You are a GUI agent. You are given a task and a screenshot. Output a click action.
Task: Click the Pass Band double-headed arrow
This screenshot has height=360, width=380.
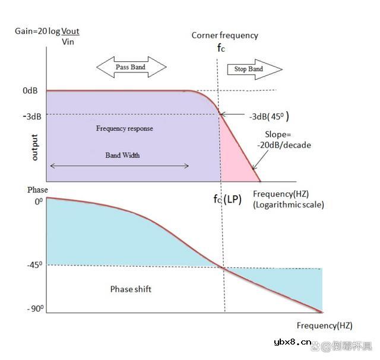click(131, 67)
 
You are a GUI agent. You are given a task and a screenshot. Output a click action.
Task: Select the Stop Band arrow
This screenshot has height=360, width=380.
click(255, 70)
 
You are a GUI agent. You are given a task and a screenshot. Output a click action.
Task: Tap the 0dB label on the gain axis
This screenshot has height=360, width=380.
click(30, 90)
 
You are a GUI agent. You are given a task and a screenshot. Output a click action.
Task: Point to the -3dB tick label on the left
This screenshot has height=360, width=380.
click(32, 116)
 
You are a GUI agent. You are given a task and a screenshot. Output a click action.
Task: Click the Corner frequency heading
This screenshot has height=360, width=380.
click(224, 36)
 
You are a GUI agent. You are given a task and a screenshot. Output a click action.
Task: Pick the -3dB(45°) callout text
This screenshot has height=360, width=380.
click(269, 116)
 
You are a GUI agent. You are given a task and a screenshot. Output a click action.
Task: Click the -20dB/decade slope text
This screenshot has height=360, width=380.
click(284, 145)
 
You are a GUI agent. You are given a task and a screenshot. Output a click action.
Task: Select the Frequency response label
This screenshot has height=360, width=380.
click(124, 128)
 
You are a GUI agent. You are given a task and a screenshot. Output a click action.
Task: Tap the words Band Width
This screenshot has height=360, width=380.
click(122, 155)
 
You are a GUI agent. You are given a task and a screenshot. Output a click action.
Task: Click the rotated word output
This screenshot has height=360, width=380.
click(34, 147)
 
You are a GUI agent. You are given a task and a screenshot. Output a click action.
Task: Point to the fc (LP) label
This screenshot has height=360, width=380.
click(227, 199)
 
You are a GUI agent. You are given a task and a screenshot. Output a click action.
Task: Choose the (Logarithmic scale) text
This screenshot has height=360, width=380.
click(289, 204)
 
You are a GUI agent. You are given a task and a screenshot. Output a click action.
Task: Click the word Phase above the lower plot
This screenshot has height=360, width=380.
click(37, 190)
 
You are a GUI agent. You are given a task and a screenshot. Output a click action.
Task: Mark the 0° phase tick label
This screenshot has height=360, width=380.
click(39, 201)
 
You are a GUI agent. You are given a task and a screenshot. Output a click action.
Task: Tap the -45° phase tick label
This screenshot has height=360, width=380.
click(34, 265)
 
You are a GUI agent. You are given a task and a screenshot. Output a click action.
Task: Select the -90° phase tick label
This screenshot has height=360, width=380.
click(36, 308)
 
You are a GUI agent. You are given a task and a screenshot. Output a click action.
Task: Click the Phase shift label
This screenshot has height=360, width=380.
click(131, 289)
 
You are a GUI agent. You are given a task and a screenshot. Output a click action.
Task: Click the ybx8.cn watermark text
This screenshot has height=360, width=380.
click(293, 342)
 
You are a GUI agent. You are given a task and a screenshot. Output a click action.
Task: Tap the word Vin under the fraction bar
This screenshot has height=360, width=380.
click(68, 42)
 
